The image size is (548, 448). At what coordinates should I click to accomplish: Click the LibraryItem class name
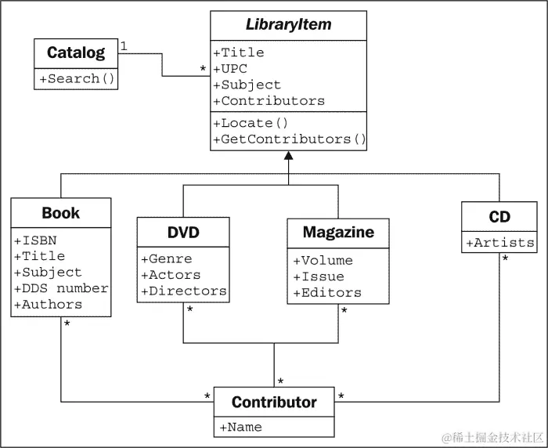coord(288,24)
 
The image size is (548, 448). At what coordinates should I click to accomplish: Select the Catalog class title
coord(75,53)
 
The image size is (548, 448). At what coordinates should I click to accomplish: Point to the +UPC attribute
coord(231,69)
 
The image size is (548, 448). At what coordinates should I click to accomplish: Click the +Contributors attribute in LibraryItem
coord(269,101)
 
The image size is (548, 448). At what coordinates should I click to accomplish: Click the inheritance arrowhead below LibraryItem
coord(289,157)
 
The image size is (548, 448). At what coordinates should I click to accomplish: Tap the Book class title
coord(61,213)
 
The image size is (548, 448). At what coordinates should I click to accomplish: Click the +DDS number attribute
coord(61,288)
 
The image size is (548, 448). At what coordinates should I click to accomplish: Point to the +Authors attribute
coord(48,305)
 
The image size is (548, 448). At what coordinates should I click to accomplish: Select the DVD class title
coord(183,233)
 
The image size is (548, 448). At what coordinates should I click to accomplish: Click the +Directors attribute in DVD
coord(184,291)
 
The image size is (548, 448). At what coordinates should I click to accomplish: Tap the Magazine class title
coord(338,233)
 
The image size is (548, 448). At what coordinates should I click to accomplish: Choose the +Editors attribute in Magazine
coord(327,293)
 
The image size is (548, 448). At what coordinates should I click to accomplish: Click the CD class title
coord(499,216)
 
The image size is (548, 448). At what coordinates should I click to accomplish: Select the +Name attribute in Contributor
coord(240,427)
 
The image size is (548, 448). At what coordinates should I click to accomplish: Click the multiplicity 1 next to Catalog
coord(124,47)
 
